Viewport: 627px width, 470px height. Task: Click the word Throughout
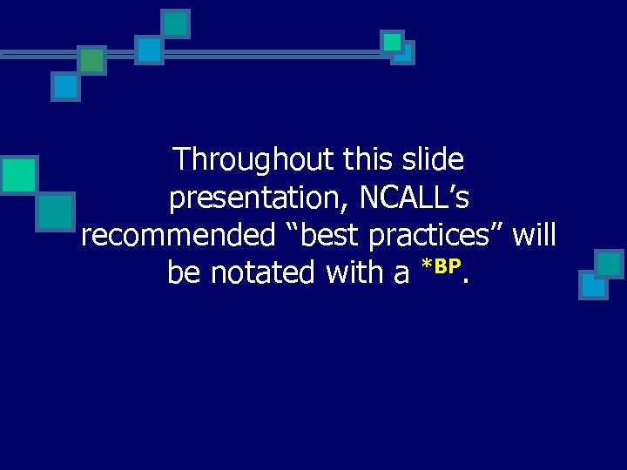coord(253,160)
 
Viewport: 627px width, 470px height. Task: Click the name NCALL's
coord(415,198)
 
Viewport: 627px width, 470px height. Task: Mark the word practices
coord(435,236)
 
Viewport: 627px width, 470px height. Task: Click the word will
coord(535,236)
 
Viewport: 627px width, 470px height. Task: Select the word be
coord(184,273)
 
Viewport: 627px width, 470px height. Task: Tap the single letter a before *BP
coord(401,275)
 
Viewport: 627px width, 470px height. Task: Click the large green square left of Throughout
coord(18,174)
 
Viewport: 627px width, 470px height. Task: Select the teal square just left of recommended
coord(56,211)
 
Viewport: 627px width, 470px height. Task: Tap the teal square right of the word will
coord(609,263)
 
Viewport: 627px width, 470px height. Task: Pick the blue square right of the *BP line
coord(593,285)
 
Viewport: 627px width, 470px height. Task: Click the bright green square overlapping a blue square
coord(393,42)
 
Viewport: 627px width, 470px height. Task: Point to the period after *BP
coord(467,281)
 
